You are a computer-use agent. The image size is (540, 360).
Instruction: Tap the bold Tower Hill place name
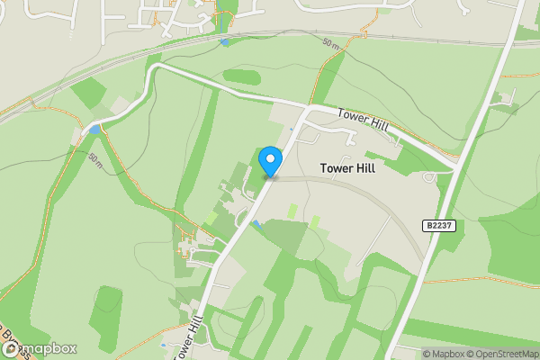(x=346, y=168)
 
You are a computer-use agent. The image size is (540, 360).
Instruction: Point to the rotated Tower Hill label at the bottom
(x=184, y=337)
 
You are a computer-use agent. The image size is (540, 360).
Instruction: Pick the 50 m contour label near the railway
(x=331, y=45)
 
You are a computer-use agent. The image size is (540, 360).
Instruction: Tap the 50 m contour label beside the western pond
(x=95, y=158)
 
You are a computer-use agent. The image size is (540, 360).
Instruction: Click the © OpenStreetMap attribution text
(x=503, y=354)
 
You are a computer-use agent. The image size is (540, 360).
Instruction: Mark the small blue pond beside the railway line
(x=223, y=41)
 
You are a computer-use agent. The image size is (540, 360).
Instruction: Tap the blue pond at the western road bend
(x=94, y=130)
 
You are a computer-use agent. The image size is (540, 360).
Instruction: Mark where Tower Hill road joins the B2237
(x=454, y=166)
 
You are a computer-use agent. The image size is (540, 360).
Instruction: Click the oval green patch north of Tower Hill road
(x=241, y=76)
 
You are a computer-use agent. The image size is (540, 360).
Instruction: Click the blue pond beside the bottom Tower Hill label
(x=163, y=344)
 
